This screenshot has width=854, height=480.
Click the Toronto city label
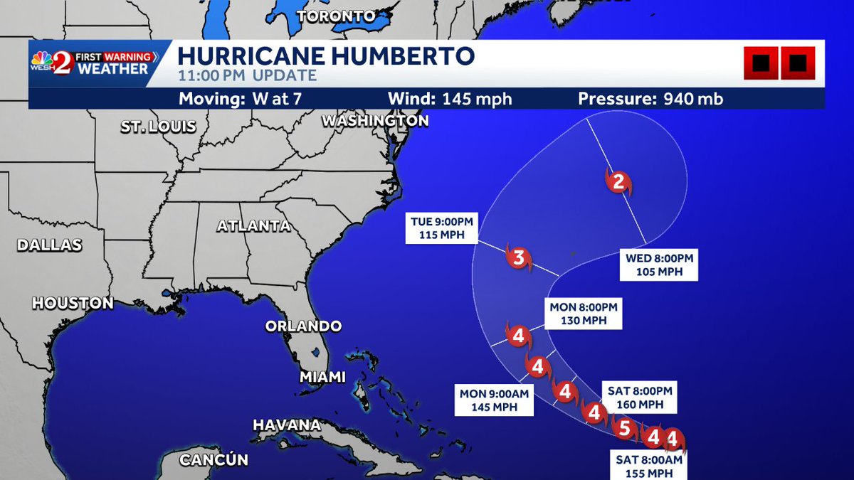(x=336, y=16)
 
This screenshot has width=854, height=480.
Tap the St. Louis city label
(x=158, y=127)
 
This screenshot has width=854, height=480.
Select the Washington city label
(x=375, y=121)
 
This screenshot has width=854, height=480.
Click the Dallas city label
(x=50, y=245)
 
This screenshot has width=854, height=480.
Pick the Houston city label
(x=73, y=304)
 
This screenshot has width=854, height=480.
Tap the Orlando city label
(x=303, y=326)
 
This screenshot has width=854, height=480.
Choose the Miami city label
(x=322, y=376)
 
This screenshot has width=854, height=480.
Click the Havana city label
(x=287, y=425)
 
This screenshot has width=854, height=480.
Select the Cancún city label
(x=213, y=460)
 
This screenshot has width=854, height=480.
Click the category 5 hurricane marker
(x=624, y=428)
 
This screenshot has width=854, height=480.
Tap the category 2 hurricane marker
(x=618, y=182)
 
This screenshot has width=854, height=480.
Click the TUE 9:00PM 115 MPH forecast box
(x=442, y=228)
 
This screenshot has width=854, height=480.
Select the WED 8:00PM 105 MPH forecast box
(x=659, y=265)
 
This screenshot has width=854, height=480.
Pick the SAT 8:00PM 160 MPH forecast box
(x=640, y=397)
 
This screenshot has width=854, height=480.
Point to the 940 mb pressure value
(x=690, y=99)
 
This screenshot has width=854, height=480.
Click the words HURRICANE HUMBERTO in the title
(x=326, y=55)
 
